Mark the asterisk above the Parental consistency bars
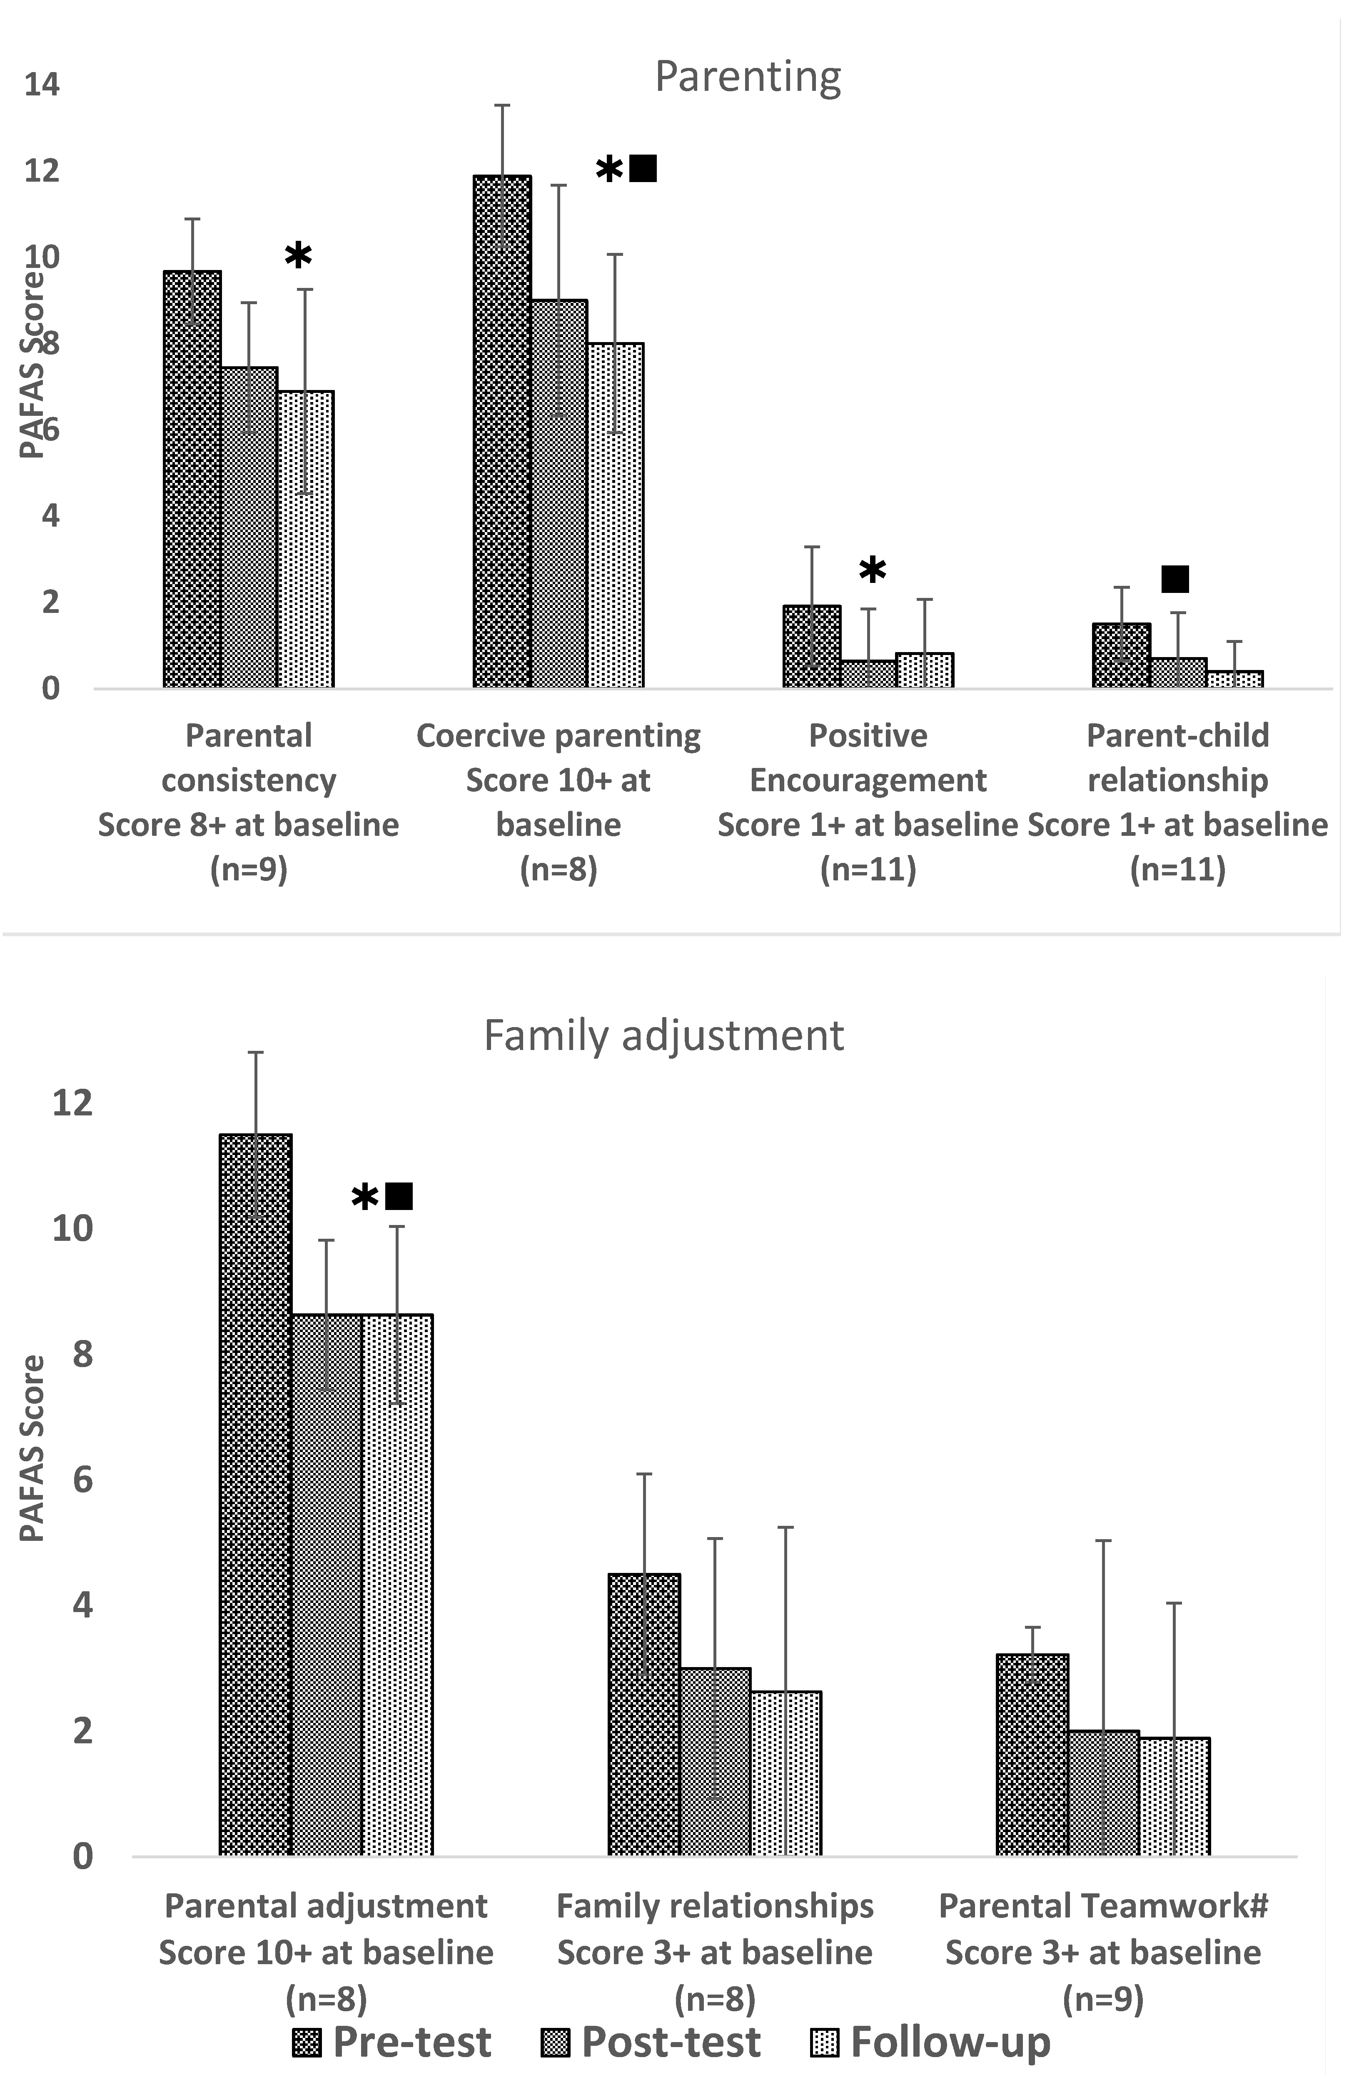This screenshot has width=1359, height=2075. click(298, 255)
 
